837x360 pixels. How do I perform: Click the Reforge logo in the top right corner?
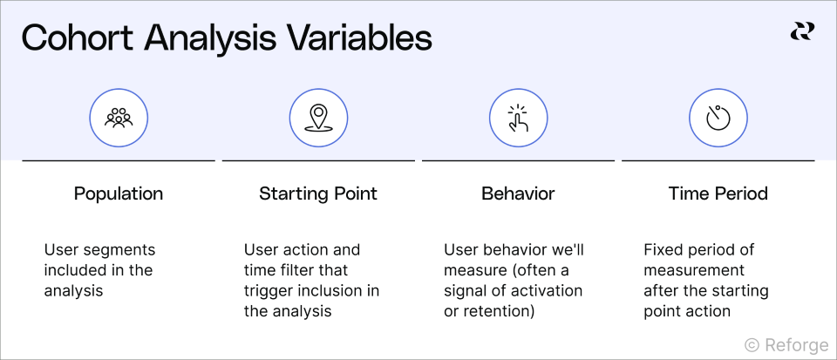tap(801, 31)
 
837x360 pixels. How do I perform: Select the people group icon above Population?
tap(119, 117)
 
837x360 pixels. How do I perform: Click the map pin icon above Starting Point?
tap(318, 117)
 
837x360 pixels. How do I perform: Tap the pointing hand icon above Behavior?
tap(518, 117)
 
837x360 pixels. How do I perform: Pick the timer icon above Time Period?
tap(718, 117)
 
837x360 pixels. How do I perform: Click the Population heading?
tap(119, 194)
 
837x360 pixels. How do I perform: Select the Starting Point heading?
tap(318, 194)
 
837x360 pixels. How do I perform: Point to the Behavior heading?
tap(518, 194)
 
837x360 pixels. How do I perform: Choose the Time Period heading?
tap(718, 194)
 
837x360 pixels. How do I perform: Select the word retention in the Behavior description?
tap(498, 311)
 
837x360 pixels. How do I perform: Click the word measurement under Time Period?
tap(694, 270)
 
